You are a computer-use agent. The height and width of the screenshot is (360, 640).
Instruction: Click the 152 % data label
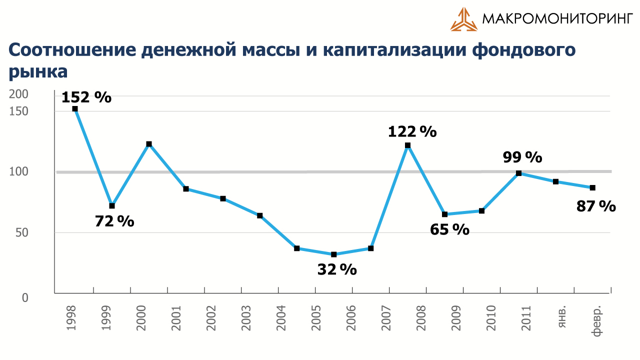[x=86, y=97]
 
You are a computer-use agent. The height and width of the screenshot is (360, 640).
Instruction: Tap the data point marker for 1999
[x=112, y=206]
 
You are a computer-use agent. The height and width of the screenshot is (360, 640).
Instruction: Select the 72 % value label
[x=114, y=221]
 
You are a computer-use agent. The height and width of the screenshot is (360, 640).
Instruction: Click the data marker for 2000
[x=149, y=144]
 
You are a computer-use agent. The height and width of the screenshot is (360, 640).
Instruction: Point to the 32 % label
[x=337, y=269]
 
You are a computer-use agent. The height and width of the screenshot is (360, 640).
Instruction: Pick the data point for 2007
[x=371, y=248]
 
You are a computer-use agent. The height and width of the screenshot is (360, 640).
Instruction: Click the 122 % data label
[x=412, y=132]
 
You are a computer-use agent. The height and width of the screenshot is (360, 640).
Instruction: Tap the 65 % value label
[x=449, y=229]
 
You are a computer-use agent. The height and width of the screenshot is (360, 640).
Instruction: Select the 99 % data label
[x=522, y=157]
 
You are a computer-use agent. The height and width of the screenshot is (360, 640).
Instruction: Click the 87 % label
[x=596, y=206]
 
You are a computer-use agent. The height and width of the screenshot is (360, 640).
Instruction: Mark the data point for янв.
[x=556, y=181]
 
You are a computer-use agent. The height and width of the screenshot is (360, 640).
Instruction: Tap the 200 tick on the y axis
[x=19, y=94]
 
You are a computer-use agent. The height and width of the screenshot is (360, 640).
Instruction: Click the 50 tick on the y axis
[x=22, y=232]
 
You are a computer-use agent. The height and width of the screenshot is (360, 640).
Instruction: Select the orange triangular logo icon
[x=463, y=19]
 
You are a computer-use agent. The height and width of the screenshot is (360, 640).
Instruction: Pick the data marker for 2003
[x=260, y=215]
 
